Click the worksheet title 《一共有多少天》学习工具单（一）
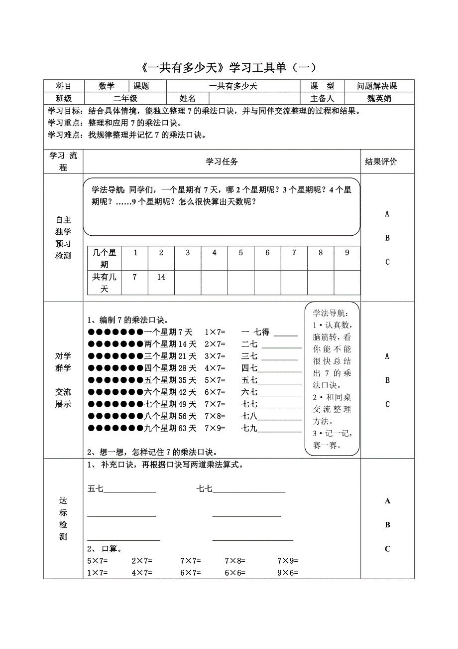point(229,67)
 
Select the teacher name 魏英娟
point(379,98)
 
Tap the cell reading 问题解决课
point(377,86)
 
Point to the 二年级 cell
point(125,98)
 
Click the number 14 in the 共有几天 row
point(161,277)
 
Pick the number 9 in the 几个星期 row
point(347,253)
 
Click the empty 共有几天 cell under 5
point(241,283)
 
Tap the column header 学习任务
point(222,162)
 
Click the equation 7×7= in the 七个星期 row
point(215,404)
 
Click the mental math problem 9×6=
point(288,573)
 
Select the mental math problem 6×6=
point(235,573)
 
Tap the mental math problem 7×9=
point(288,561)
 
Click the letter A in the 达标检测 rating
point(387,501)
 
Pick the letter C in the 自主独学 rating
point(387,262)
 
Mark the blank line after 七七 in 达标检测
point(249,490)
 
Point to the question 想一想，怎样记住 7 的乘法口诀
point(151,453)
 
